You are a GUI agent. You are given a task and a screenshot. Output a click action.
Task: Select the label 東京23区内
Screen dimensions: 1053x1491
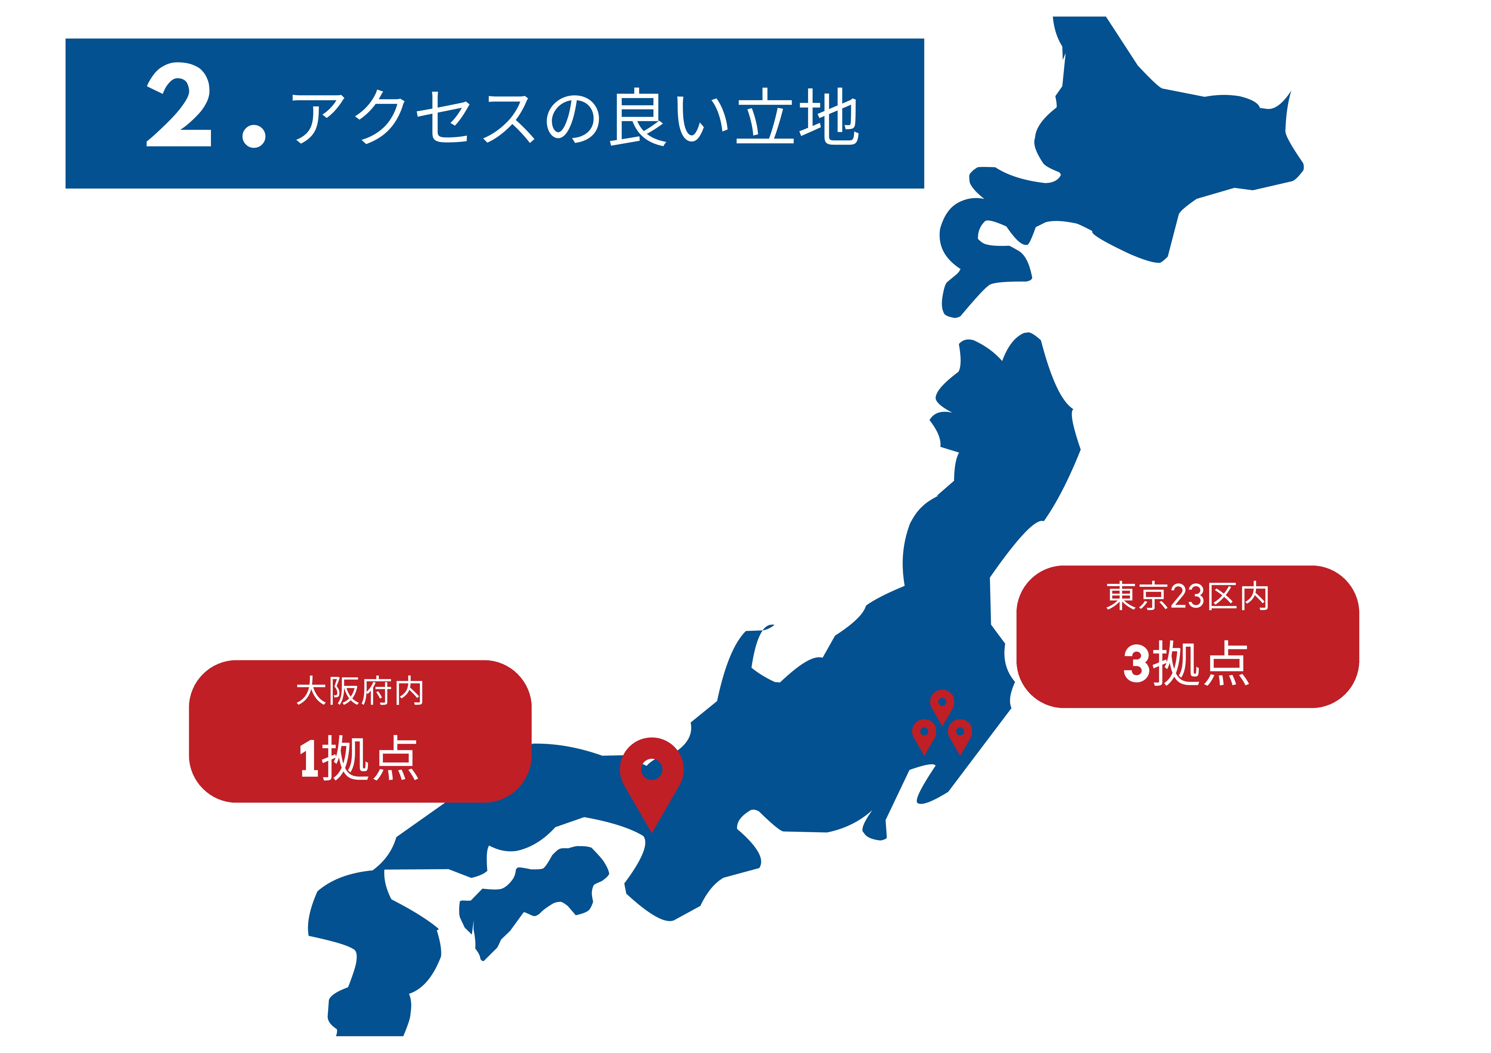coord(1187,596)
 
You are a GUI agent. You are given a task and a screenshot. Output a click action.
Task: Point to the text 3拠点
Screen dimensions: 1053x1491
coord(1186,663)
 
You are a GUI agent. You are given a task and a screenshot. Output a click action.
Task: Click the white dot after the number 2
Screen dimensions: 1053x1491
coord(254,136)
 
